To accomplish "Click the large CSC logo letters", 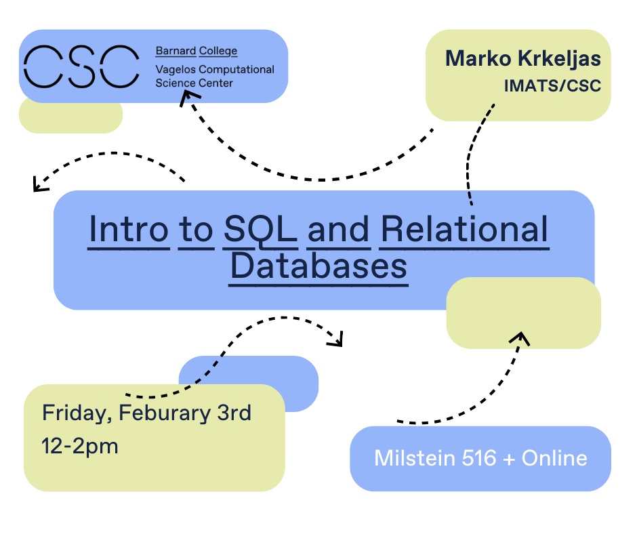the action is pyautogui.click(x=81, y=66).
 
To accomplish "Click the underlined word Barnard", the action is pyautogui.click(x=176, y=51).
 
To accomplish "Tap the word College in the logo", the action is pyautogui.click(x=218, y=52).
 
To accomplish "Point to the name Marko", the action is pyautogui.click(x=478, y=58).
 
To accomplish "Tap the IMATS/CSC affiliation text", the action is pyautogui.click(x=552, y=86).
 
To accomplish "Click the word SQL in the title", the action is pyautogui.click(x=260, y=230).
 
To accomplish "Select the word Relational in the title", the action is pyautogui.click(x=464, y=229).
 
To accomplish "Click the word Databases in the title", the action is pyautogui.click(x=318, y=266).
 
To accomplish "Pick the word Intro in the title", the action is pyautogui.click(x=128, y=229).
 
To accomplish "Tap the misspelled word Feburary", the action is pyautogui.click(x=165, y=414).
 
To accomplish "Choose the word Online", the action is pyautogui.click(x=554, y=458).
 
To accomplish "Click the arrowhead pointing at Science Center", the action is pyautogui.click(x=188, y=98).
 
